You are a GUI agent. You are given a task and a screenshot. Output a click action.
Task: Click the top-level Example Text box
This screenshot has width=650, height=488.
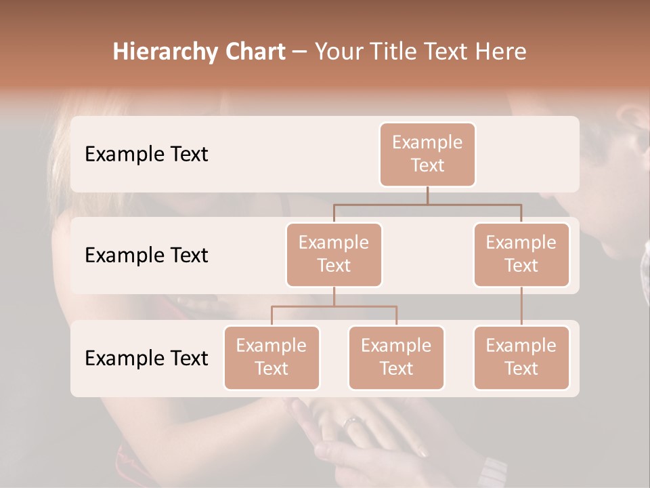coord(427,155)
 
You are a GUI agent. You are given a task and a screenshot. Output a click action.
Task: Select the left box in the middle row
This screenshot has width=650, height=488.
coord(334,255)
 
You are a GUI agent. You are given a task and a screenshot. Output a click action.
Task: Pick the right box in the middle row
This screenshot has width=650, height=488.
coord(521,255)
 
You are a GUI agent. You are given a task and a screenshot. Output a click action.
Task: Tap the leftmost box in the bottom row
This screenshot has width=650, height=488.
coord(272,358)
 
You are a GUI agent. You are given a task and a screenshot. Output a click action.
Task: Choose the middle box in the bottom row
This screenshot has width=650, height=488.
coord(396,358)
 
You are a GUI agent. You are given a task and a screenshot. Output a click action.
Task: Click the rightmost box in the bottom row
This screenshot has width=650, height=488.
coord(521,358)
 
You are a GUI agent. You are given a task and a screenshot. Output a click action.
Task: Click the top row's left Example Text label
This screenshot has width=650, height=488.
coord(146,155)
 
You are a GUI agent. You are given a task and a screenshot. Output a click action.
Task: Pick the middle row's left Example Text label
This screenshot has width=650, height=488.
coord(146,256)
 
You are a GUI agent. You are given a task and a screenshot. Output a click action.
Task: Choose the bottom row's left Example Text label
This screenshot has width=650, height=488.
coord(146,358)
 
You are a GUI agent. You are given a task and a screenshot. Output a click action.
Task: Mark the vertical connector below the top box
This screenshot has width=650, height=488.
coord(427,195)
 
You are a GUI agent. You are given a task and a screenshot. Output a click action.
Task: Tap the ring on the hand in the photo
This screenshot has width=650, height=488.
coord(353,423)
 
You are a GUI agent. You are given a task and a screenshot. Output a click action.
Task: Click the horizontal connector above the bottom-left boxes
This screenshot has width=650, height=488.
coord(334,306)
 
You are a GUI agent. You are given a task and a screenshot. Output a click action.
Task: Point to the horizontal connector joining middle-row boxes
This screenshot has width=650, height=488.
coord(427,204)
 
